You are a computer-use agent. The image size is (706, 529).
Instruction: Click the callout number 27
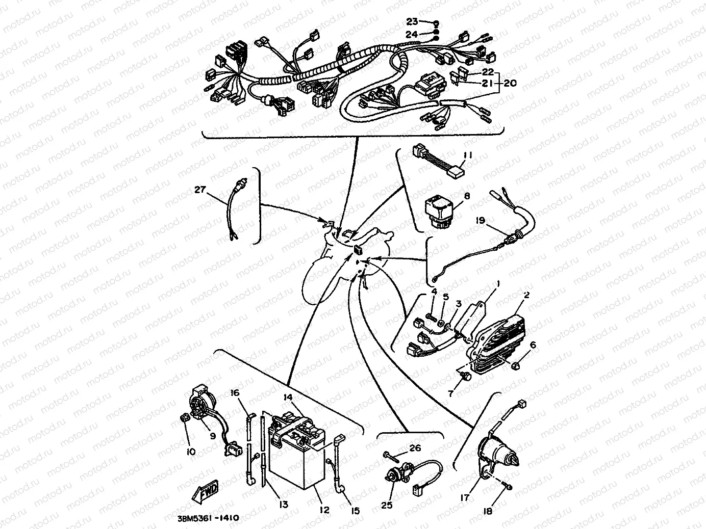click(x=199, y=190)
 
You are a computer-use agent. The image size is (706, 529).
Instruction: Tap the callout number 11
click(x=468, y=155)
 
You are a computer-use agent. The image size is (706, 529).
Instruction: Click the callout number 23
click(x=412, y=21)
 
